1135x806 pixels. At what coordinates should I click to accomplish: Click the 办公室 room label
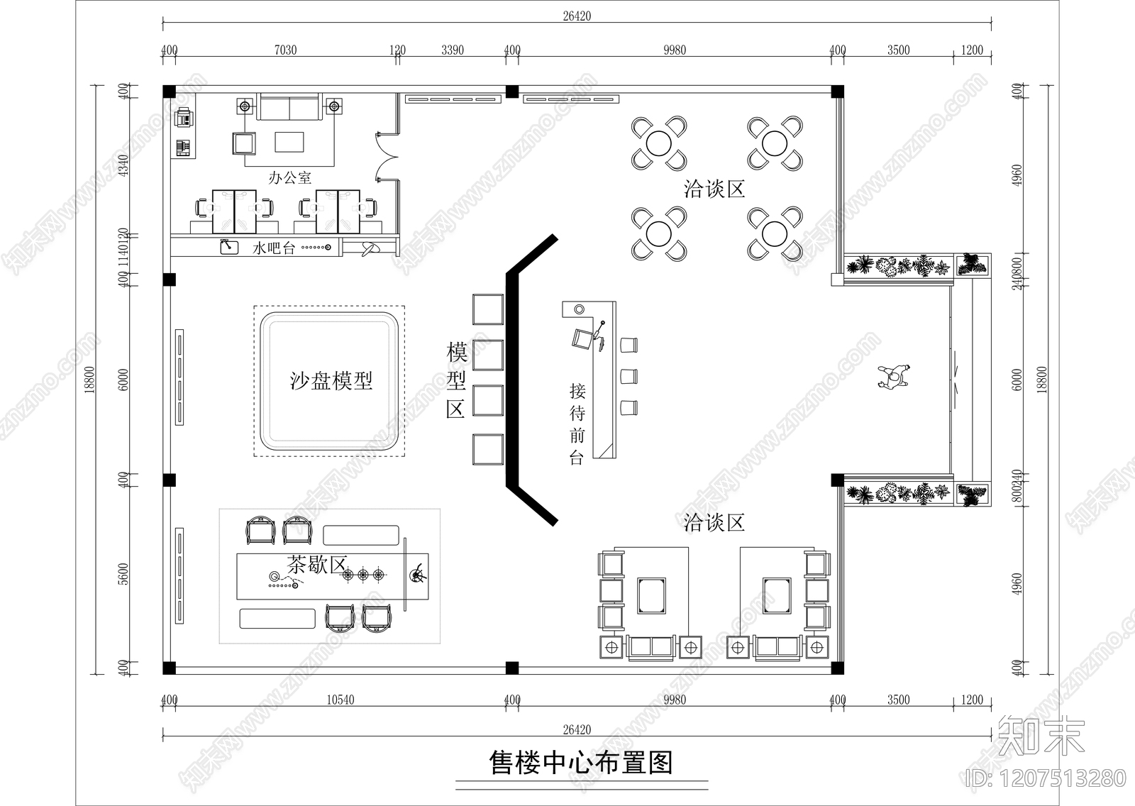click(289, 177)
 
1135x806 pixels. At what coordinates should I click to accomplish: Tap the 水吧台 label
click(273, 248)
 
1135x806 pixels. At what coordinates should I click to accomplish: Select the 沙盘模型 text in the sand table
click(331, 381)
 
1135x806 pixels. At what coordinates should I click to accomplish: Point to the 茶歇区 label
click(316, 565)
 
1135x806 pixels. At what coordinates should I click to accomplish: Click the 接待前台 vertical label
click(577, 424)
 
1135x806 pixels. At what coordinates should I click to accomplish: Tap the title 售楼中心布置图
click(581, 763)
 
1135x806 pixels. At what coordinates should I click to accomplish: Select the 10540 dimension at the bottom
click(340, 700)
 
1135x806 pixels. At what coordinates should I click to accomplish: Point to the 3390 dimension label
click(453, 50)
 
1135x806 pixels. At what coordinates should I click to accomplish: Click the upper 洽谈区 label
click(714, 189)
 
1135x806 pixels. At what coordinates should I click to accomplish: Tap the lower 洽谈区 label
click(714, 524)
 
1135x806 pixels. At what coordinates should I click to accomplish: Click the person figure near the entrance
click(894, 377)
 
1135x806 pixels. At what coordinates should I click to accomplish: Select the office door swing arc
click(384, 153)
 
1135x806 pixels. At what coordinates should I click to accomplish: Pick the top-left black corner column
click(169, 91)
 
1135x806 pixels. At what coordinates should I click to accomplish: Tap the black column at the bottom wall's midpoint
click(511, 668)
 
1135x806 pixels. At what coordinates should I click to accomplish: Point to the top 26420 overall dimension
click(576, 16)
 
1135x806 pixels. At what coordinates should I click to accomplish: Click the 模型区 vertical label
click(455, 380)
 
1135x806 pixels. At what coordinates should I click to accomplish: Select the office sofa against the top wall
click(289, 107)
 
